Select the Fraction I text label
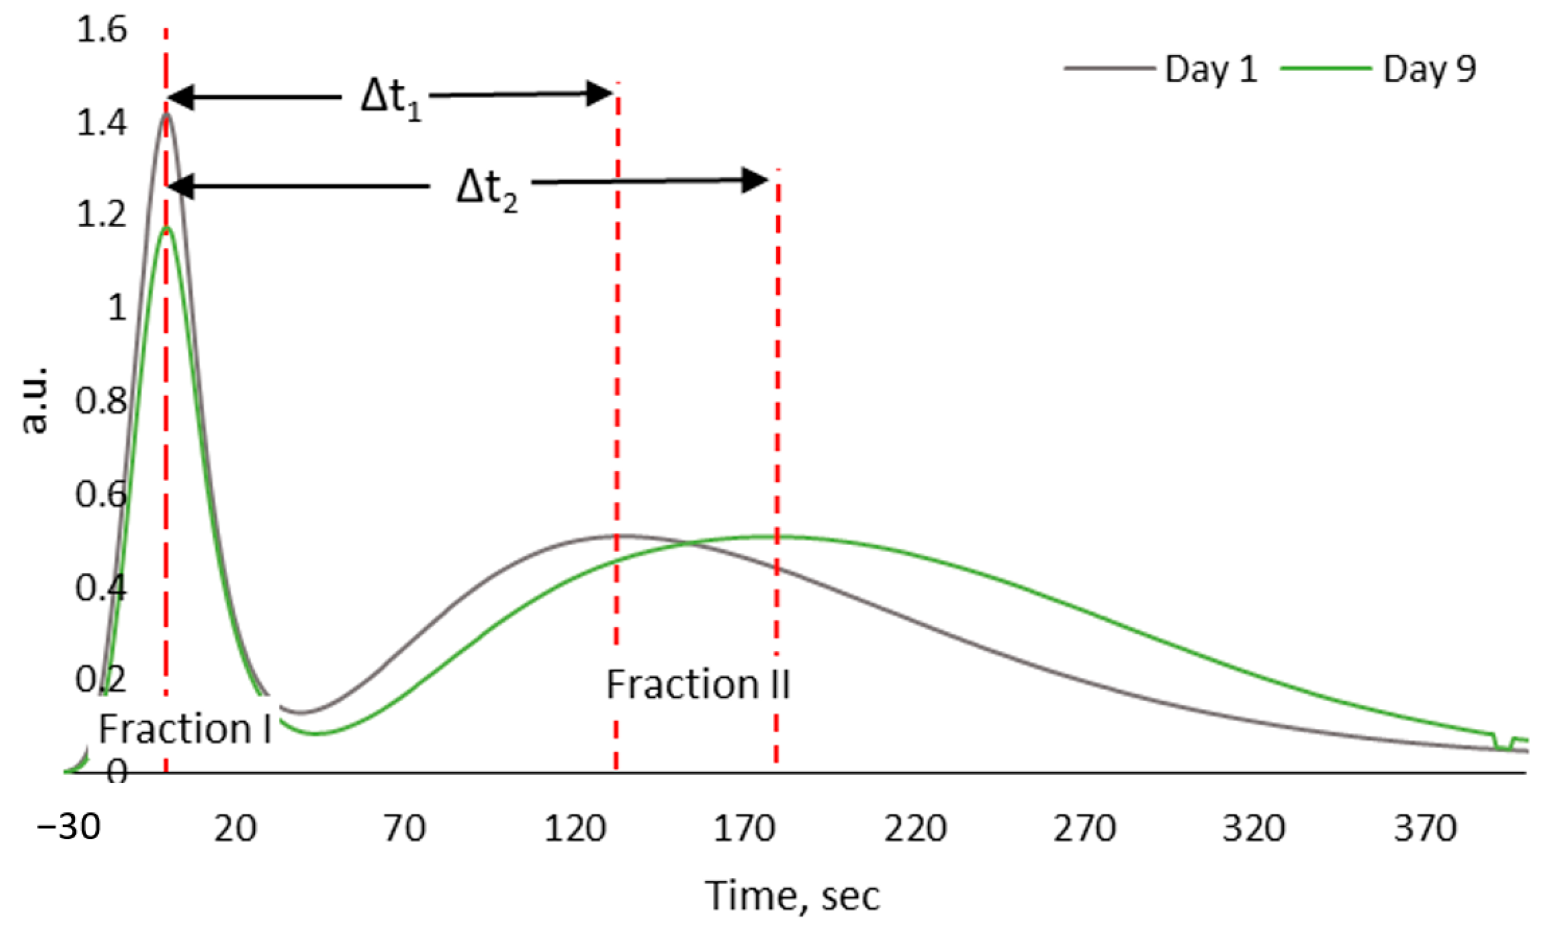pyautogui.click(x=185, y=730)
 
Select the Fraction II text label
pyautogui.click(x=697, y=685)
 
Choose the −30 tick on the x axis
pyautogui.click(x=69, y=827)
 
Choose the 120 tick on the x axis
pyautogui.click(x=574, y=828)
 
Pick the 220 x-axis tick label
pyautogui.click(x=915, y=828)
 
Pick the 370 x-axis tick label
pyautogui.click(x=1425, y=828)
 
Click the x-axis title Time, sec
pyautogui.click(x=793, y=896)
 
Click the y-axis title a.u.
pyautogui.click(x=34, y=400)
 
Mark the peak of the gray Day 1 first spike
pyautogui.click(x=166, y=114)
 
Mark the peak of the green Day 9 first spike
pyautogui.click(x=166, y=229)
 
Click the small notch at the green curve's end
pyautogui.click(x=1503, y=743)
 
